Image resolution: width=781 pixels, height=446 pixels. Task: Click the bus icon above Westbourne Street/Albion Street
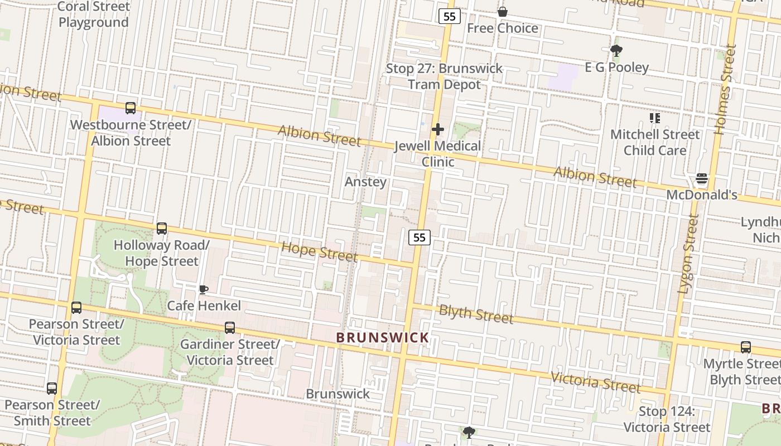click(131, 108)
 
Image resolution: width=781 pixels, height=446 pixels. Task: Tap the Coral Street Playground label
click(94, 14)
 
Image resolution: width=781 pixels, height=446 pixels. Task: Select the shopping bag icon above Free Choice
click(503, 12)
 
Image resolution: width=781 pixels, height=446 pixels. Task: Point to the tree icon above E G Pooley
click(616, 51)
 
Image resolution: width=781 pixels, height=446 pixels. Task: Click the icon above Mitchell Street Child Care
click(655, 118)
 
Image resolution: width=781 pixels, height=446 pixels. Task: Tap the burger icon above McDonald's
click(702, 179)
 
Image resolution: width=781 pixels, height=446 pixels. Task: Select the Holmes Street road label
click(725, 89)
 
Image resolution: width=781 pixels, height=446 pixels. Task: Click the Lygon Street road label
click(687, 254)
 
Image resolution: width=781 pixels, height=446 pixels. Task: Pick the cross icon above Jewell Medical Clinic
click(438, 130)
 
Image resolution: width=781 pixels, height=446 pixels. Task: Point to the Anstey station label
click(365, 182)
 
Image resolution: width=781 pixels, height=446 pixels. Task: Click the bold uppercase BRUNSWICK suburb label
click(383, 337)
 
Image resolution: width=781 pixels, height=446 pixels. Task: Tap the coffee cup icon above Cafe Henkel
click(204, 289)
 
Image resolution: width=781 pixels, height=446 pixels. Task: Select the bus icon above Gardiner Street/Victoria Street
click(230, 328)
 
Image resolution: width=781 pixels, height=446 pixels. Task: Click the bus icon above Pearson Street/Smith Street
click(52, 388)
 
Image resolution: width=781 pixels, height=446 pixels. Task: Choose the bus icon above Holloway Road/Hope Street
click(162, 228)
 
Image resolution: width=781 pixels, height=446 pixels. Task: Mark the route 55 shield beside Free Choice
click(449, 16)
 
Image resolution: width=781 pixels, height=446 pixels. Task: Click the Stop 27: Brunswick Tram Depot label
click(445, 76)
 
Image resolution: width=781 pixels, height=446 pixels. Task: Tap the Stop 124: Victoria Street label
click(667, 419)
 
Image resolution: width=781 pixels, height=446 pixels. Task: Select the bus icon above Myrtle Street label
click(746, 347)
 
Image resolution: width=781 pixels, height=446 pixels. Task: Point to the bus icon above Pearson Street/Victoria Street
click(76, 308)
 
